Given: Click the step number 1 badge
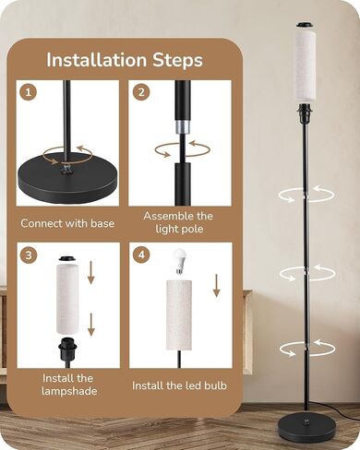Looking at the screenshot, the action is (x=29, y=91).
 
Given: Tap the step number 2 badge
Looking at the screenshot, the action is (x=141, y=91).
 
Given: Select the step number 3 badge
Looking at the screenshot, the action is (x=29, y=255).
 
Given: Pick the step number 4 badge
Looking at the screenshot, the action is (x=141, y=255).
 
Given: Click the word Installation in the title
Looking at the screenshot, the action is (x=96, y=60).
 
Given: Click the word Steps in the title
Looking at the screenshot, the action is (x=178, y=60).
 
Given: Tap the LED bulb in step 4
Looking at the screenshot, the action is (x=179, y=261).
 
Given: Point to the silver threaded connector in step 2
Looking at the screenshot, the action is (x=183, y=127).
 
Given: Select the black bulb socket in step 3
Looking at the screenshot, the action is (x=66, y=349).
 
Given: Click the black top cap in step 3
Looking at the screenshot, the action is (x=66, y=258).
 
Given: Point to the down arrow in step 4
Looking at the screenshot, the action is (x=217, y=285).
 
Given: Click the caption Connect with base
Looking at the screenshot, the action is (x=67, y=223).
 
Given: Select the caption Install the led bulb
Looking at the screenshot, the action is (x=179, y=385).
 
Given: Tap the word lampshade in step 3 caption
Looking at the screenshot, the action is (x=69, y=391).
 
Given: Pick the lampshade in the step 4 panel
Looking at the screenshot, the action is (x=179, y=315).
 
